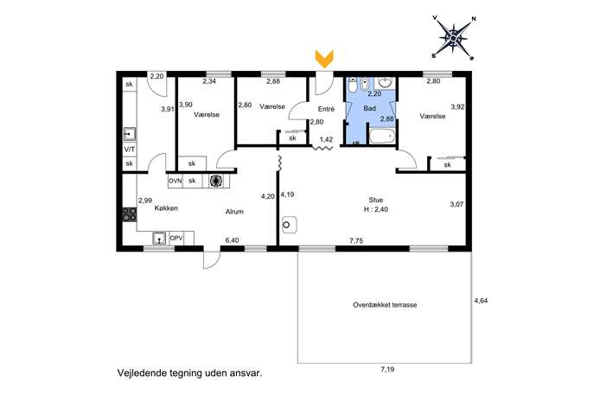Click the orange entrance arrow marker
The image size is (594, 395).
click(x=324, y=59)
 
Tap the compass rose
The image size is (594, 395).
click(x=453, y=38)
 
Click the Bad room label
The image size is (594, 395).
click(x=370, y=108)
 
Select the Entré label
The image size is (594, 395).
click(x=326, y=109)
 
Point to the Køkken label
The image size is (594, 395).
click(x=166, y=208)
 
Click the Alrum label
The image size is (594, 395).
click(x=234, y=212)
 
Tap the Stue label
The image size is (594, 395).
click(x=376, y=200)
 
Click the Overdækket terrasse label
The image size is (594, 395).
click(x=385, y=305)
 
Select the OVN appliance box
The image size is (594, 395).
click(x=175, y=181)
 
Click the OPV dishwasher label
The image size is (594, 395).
click(x=176, y=239)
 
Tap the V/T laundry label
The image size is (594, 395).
click(x=130, y=150)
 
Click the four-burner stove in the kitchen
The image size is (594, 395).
click(x=130, y=214)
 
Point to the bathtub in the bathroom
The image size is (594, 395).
click(x=382, y=136)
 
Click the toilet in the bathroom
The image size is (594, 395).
click(x=352, y=86)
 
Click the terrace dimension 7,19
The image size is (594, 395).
click(x=387, y=369)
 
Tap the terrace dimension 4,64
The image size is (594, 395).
click(x=481, y=301)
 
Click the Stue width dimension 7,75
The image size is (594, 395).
click(x=356, y=240)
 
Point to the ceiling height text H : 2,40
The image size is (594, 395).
click(x=376, y=209)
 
